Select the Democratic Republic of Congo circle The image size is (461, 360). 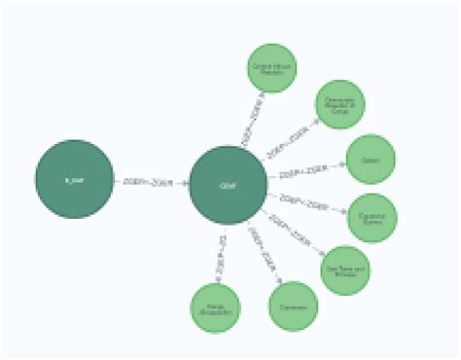pyautogui.click(x=339, y=105)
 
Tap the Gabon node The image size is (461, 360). pyautogui.click(x=371, y=159)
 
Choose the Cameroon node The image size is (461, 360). pyautogui.click(x=294, y=306)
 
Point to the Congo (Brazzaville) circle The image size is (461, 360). pyautogui.click(x=215, y=307)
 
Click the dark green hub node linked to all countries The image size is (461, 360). pyautogui.click(x=227, y=185)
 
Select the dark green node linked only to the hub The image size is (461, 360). pyautogui.click(x=74, y=179)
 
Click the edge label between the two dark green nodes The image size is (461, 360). pyautogui.click(x=149, y=181)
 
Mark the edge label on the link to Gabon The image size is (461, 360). pyautogui.click(x=301, y=172)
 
